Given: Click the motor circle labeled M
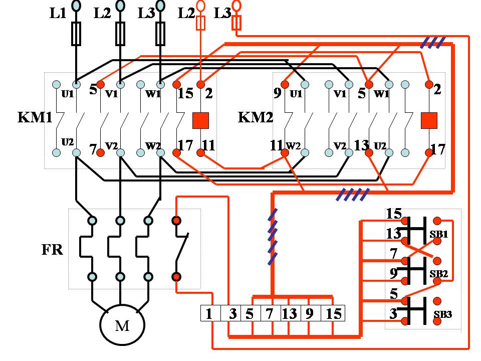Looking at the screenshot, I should [x=122, y=326].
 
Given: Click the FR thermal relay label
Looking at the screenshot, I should [x=52, y=249].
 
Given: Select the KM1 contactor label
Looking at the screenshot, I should [x=35, y=118].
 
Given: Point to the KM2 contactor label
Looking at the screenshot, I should [x=256, y=118].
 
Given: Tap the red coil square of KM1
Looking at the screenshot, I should [x=200, y=120].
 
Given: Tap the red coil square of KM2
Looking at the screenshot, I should [x=429, y=120].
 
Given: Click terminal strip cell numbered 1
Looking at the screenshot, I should [x=209, y=314].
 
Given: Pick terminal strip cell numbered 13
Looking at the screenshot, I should [x=290, y=314].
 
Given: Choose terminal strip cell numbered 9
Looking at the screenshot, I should [x=310, y=314].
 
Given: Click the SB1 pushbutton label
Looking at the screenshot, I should [x=438, y=235].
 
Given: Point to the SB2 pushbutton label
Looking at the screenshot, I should [x=438, y=274].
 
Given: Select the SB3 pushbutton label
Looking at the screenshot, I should [x=442, y=315].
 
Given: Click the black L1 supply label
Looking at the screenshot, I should [x=58, y=14].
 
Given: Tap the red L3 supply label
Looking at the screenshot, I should [x=222, y=14].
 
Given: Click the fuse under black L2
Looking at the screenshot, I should [x=120, y=34].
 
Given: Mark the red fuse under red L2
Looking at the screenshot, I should [x=200, y=23].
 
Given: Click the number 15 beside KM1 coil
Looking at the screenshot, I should [x=185, y=93].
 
